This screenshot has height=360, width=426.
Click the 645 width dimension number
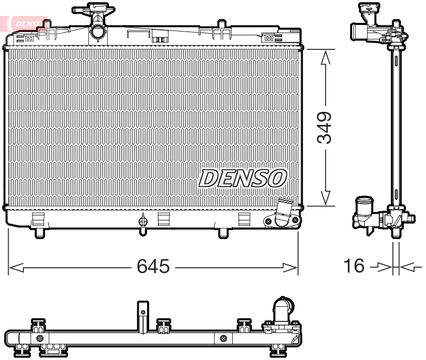click(153, 267)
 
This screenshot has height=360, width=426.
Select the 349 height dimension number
click(325, 128)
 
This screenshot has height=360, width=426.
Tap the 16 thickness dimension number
click(353, 267)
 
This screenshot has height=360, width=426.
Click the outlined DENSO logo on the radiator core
click(242, 178)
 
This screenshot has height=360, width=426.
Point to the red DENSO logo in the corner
click(27, 23)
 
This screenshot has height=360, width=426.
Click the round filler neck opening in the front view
click(98, 32)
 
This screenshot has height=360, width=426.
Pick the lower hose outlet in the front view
click(283, 214)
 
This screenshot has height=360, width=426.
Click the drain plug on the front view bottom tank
click(143, 222)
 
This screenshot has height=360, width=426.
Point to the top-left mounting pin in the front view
click(46, 24)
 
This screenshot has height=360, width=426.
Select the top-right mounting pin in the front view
click(221, 24)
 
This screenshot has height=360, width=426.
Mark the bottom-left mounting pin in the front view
click(40, 233)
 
